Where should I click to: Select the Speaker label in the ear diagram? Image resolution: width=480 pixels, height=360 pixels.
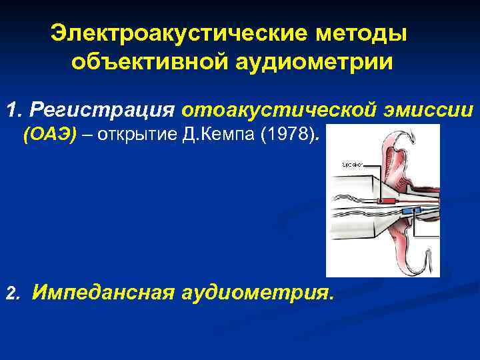(x=351, y=163)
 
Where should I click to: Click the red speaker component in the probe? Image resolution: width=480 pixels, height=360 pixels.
(x=386, y=199)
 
